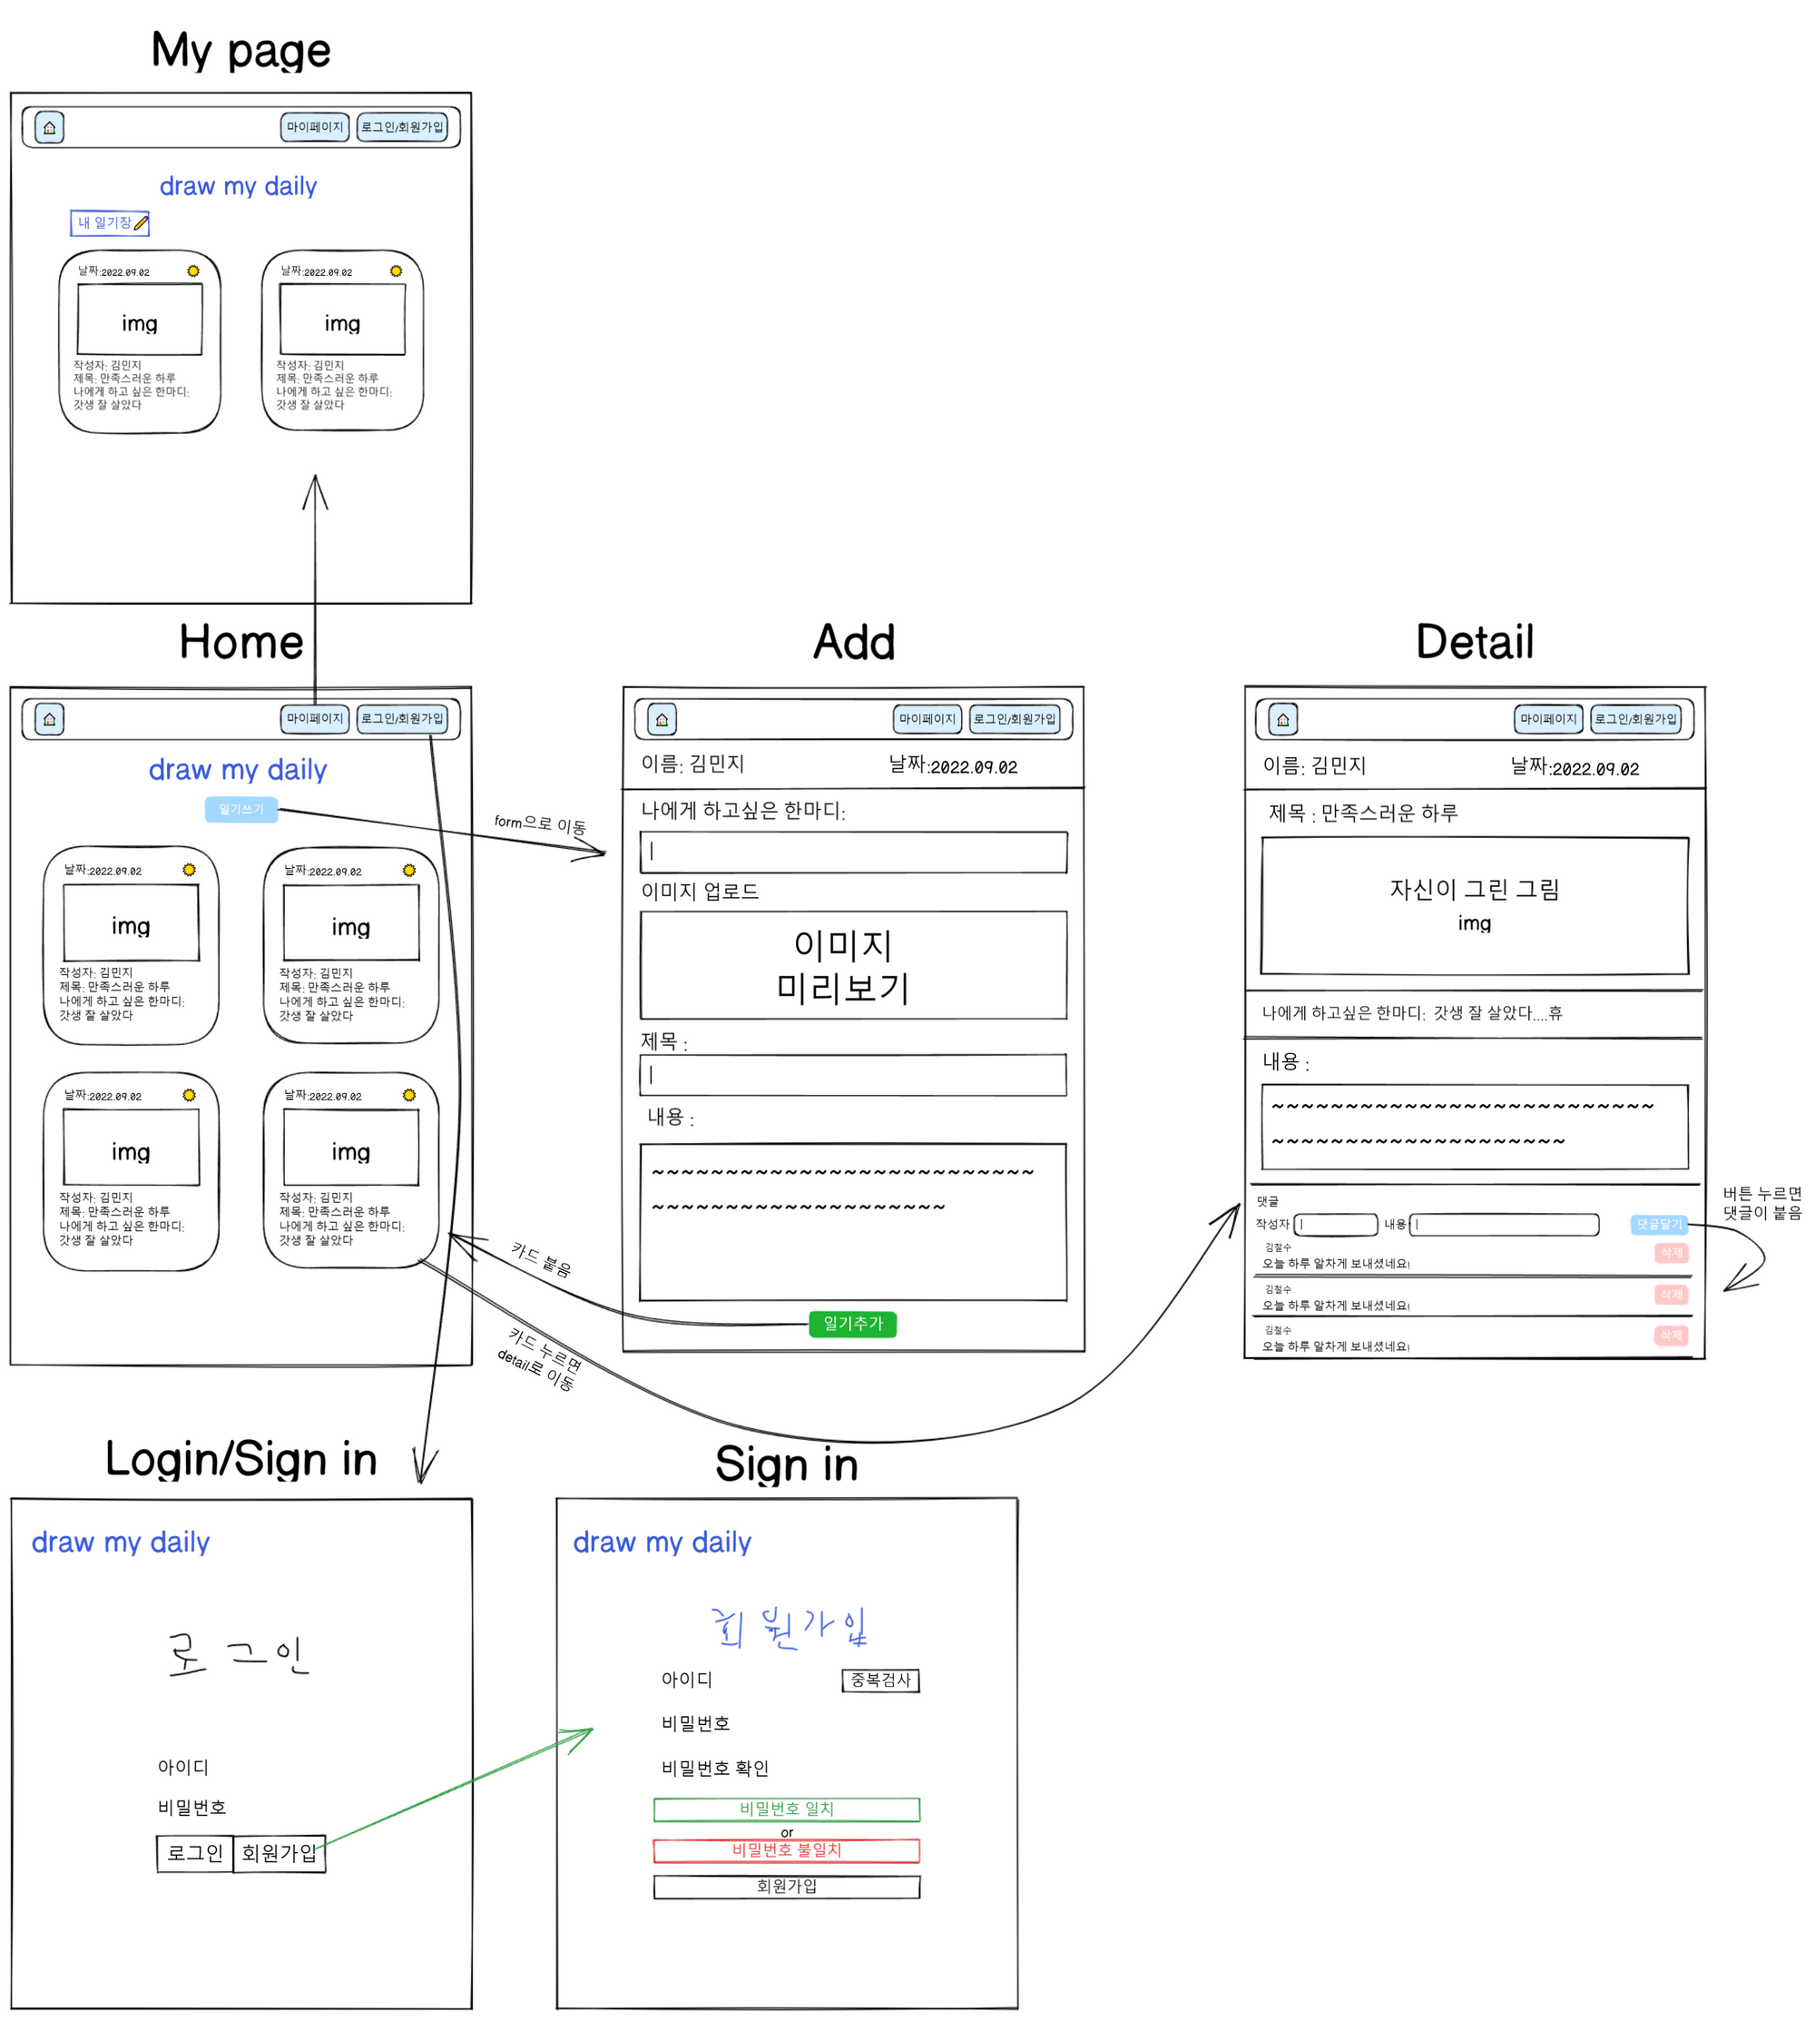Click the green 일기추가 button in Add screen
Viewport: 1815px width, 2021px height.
[853, 1324]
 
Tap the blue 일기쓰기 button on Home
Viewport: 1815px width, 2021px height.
[240, 809]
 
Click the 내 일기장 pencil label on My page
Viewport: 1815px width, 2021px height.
[110, 223]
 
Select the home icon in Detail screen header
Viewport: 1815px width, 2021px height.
[1282, 719]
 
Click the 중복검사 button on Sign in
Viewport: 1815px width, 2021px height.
[879, 1681]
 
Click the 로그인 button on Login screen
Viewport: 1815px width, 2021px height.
[194, 1853]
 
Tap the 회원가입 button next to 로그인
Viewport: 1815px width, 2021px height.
[280, 1853]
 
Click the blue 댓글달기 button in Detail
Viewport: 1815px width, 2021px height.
[1658, 1224]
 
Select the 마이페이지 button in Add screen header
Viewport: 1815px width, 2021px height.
[927, 719]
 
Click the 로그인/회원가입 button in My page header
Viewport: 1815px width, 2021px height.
[402, 128]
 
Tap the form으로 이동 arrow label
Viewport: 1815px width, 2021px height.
[540, 824]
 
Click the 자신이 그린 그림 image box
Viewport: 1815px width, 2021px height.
[1474, 905]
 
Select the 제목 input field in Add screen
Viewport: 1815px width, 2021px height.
[853, 1075]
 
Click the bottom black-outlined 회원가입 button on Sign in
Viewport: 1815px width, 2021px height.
[786, 1887]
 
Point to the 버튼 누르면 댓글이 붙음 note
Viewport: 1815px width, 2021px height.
[1761, 1203]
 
